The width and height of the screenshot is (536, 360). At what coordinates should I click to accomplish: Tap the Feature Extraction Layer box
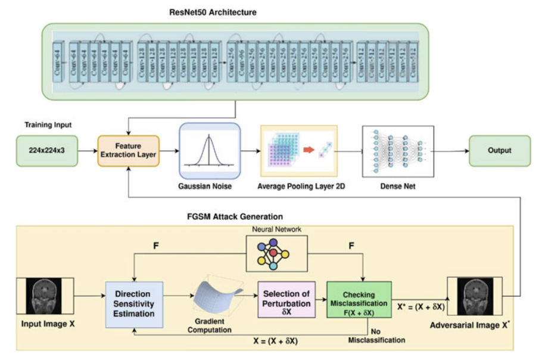click(128, 151)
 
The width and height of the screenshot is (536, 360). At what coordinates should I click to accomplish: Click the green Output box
click(499, 151)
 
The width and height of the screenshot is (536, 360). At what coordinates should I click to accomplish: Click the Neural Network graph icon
click(275, 252)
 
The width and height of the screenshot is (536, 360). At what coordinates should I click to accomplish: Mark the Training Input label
click(48, 126)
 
